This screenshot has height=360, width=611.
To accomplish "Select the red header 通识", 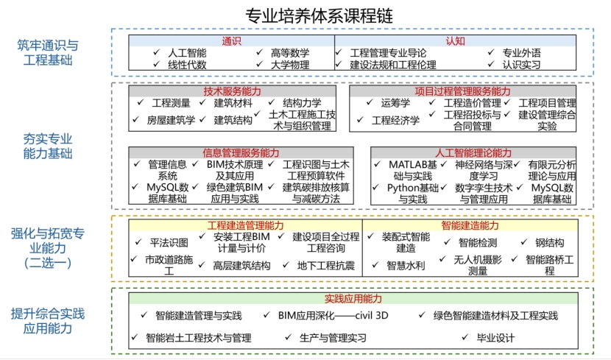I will point(232,41).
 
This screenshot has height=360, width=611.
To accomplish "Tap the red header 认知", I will point(455,41).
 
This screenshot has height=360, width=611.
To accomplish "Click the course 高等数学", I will point(290,53).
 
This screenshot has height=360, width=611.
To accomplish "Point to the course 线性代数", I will point(187,65).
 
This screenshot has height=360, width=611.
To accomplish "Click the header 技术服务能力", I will point(232,91).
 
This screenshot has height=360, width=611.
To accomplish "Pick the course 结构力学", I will point(302,103).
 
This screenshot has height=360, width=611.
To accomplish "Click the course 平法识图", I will point(169,242).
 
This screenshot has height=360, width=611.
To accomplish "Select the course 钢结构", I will point(549,242).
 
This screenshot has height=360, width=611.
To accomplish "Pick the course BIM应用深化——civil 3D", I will point(333,316).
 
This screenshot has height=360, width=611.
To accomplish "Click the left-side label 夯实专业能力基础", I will point(48,146).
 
